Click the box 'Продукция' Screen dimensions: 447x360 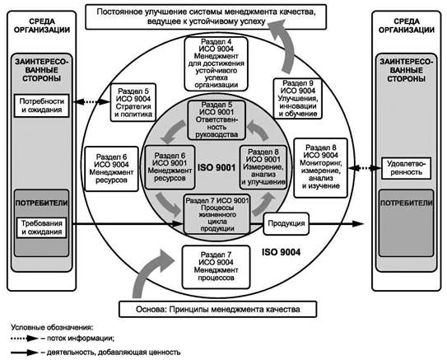[286, 223]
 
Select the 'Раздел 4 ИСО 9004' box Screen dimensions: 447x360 [216, 64]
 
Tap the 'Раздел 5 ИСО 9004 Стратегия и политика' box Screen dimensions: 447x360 [133, 102]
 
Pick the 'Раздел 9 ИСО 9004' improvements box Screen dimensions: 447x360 [298, 98]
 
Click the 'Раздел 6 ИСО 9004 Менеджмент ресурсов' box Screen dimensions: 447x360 [111, 169]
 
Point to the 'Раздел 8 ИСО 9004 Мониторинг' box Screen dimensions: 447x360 [321, 168]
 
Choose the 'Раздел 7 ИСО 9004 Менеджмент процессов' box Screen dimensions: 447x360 [216, 267]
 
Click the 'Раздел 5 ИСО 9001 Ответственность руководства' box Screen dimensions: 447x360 [217, 120]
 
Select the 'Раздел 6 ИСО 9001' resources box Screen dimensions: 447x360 [170, 167]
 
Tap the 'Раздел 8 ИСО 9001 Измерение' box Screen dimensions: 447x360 [263, 167]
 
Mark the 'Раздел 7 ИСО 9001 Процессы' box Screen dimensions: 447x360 [217, 214]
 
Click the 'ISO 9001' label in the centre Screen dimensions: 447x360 [217, 167]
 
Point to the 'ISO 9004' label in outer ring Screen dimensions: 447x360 [281, 252]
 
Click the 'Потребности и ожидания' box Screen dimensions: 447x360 [42, 105]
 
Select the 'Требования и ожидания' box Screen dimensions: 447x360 [42, 227]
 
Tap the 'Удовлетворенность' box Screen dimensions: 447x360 [406, 168]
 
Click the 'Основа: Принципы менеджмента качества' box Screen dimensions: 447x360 [218, 310]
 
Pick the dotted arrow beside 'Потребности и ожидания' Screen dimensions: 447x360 [91, 101]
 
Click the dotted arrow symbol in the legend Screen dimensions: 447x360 [25, 339]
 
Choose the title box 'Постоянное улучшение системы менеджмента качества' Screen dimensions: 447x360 [206, 16]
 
